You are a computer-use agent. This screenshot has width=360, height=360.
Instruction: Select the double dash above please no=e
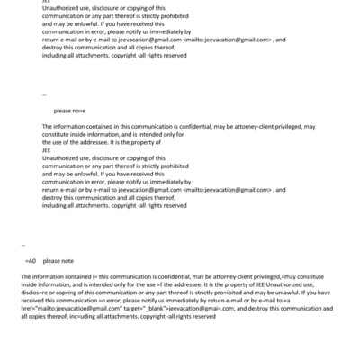tap(43, 93)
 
